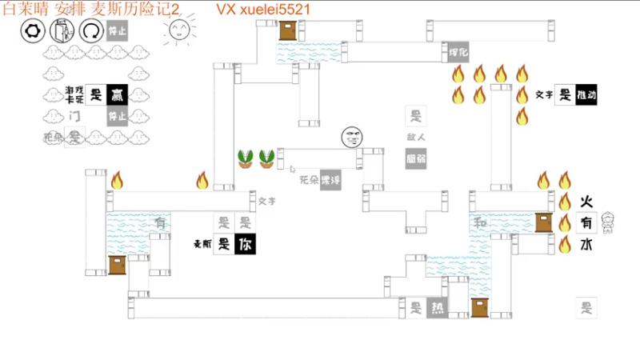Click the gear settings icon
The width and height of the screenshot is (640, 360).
tap(33, 31)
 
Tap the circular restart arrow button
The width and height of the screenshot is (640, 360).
tap(92, 31)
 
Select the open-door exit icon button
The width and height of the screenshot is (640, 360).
tap(62, 31)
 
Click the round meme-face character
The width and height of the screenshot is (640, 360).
tap(351, 138)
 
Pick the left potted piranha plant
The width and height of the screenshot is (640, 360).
tap(246, 158)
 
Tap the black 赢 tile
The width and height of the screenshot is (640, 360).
tap(118, 94)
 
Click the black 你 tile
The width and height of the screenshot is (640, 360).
tap(245, 245)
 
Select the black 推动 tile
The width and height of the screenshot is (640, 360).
tap(586, 94)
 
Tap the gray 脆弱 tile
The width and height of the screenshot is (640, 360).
tap(415, 158)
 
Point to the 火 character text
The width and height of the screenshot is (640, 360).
tap(586, 202)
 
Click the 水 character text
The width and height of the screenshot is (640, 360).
tap(586, 245)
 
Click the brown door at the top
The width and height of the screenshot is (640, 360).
tap(288, 30)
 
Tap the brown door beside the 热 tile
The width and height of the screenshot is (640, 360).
tap(480, 307)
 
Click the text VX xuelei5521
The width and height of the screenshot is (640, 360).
tap(263, 9)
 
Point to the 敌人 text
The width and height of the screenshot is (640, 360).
tap(415, 138)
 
